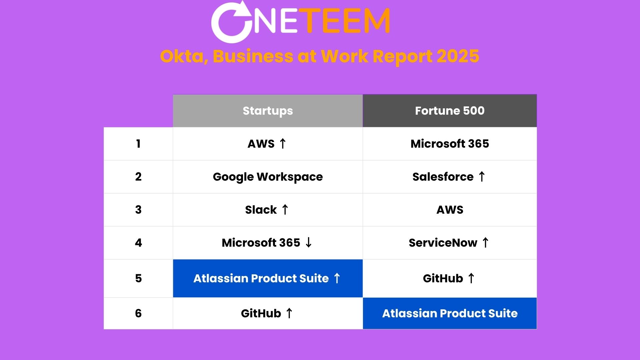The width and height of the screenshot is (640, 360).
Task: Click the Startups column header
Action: click(268, 111)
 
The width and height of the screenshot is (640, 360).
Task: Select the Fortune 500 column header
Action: click(450, 111)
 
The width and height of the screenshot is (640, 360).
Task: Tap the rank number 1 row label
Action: click(138, 144)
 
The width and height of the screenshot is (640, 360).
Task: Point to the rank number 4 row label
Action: click(138, 243)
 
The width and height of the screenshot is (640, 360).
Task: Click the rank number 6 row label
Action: click(138, 313)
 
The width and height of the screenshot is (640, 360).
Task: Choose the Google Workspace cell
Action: click(268, 177)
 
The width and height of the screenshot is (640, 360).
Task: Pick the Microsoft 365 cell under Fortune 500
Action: click(450, 144)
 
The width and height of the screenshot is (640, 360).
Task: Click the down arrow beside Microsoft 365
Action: click(309, 242)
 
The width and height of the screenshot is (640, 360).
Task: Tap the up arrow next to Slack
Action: click(285, 210)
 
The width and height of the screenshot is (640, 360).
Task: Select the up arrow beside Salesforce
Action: click(482, 176)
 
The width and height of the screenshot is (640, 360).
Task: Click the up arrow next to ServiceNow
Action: click(485, 242)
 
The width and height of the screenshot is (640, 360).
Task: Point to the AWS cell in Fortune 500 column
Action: click(450, 210)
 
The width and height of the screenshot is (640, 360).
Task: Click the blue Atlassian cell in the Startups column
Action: click(268, 278)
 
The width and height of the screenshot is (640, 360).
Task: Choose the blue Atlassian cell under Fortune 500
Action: click(450, 313)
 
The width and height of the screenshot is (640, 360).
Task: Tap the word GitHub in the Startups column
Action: click(261, 313)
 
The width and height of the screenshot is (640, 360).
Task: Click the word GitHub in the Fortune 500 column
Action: click(443, 278)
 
